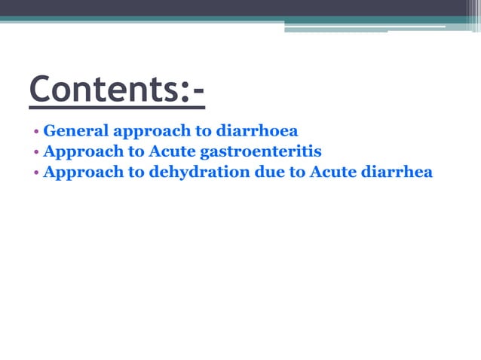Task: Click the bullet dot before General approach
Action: point(36,131)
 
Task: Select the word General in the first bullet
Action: point(75,130)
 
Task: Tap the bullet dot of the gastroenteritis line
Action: point(36,151)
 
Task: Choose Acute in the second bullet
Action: point(173,151)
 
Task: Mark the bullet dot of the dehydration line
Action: point(36,172)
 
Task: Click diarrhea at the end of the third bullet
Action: point(400,172)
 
